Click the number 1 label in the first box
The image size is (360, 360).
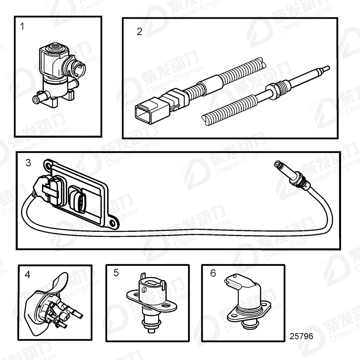22,27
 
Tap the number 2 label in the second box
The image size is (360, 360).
140,32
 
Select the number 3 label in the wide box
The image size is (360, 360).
28,163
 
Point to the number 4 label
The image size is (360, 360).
28,275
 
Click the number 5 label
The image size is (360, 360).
116,273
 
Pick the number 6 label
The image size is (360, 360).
213,273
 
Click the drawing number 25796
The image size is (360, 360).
301,337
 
